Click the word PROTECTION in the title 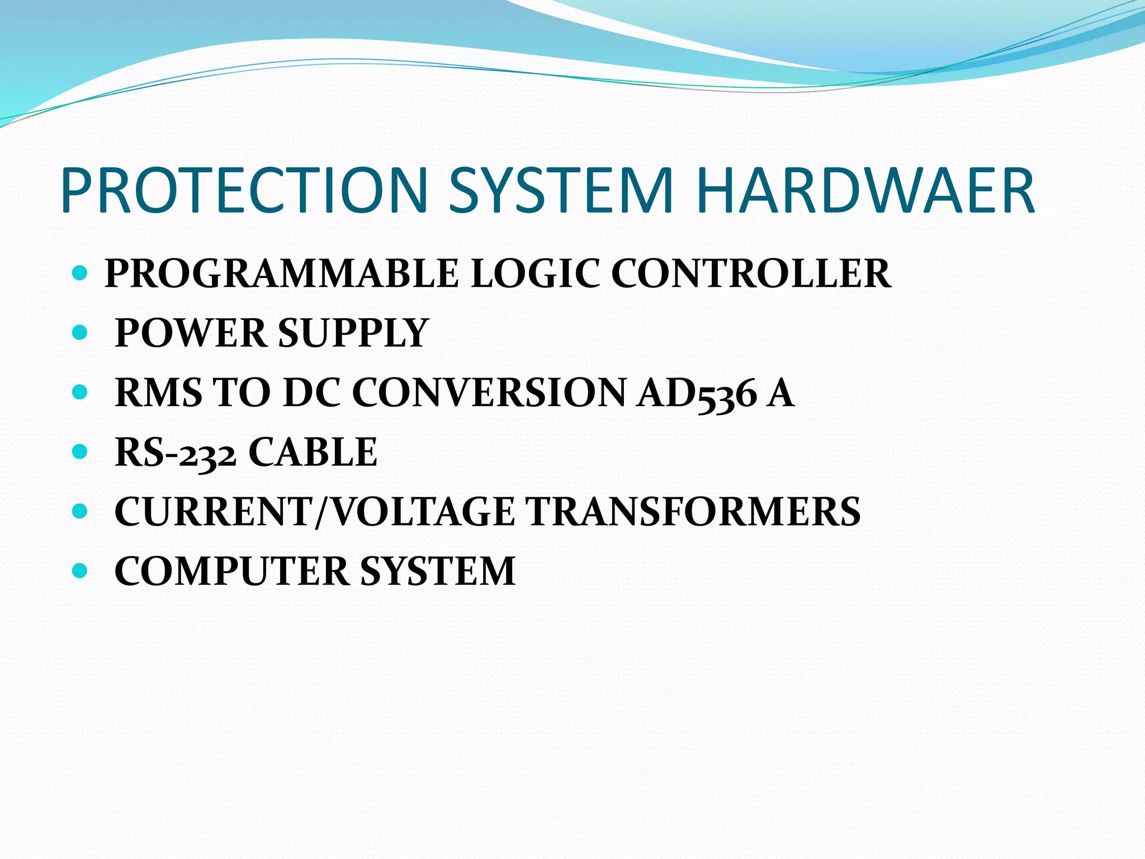tap(244, 190)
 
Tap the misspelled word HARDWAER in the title tap(865, 190)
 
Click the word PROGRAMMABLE tap(281, 273)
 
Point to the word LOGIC tap(534, 273)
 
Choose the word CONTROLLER tap(750, 273)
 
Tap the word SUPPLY tap(353, 333)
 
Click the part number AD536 tap(697, 393)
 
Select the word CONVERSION tap(489, 393)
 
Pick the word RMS tap(158, 393)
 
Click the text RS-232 tap(175, 452)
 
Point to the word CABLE tap(313, 452)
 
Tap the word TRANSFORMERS tap(693, 512)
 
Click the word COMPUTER tap(231, 572)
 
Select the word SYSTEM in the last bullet tap(437, 572)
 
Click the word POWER tap(191, 333)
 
